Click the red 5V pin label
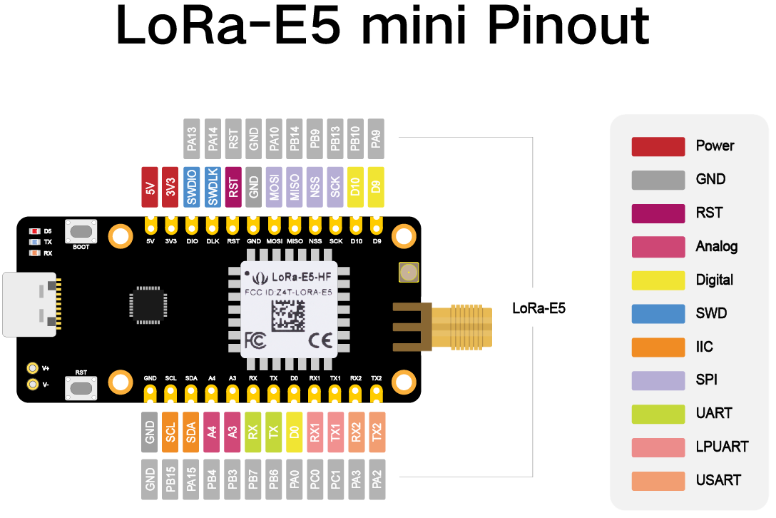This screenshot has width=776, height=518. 150,187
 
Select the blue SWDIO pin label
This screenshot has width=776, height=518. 191,187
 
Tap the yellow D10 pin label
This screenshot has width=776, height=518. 356,187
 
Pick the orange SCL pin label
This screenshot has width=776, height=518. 170,432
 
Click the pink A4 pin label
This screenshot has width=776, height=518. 212,432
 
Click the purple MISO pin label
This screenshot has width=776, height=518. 295,187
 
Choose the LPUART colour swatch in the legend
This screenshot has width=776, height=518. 658,447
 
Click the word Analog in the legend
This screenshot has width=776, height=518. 716,246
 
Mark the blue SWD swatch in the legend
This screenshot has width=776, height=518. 658,313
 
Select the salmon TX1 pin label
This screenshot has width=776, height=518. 335,432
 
